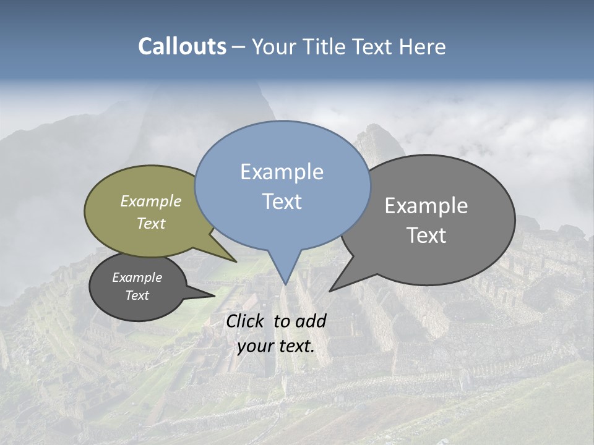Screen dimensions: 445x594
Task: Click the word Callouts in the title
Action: click(182, 47)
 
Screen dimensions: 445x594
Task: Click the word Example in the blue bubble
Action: click(282, 172)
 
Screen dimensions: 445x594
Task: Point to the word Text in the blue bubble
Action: click(282, 201)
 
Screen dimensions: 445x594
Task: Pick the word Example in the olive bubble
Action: click(151, 201)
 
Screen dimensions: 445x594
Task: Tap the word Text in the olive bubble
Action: click(151, 223)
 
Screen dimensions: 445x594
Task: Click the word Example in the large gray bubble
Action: click(426, 205)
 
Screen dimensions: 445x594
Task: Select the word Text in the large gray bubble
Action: click(426, 235)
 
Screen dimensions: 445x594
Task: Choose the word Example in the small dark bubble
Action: click(137, 278)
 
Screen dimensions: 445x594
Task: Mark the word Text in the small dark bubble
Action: click(137, 295)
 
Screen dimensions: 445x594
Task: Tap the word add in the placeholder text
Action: click(311, 321)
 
